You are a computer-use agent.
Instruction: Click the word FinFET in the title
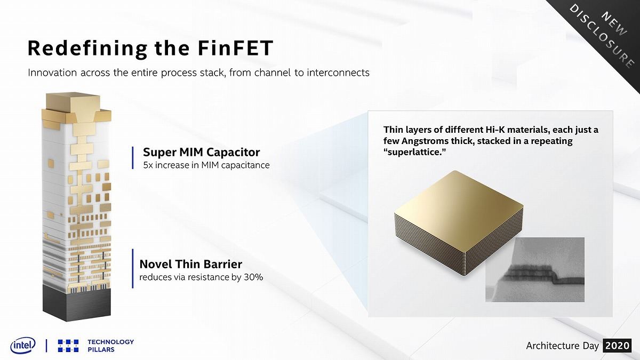(x=235, y=48)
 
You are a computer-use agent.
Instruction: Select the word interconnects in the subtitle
(x=338, y=73)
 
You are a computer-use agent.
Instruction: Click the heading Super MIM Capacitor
(x=202, y=152)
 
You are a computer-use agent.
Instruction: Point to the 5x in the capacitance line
(x=148, y=165)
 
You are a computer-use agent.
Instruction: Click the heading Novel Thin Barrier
(x=190, y=264)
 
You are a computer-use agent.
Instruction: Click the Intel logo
(x=23, y=346)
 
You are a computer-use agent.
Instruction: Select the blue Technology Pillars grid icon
(x=68, y=346)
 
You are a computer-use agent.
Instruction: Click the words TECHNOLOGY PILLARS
(x=110, y=346)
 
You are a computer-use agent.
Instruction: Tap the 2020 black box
(x=617, y=346)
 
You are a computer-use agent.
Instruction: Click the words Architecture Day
(x=562, y=346)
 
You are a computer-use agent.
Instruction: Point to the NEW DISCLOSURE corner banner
(x=606, y=34)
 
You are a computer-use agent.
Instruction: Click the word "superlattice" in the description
(x=414, y=152)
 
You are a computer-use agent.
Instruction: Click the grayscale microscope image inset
(x=535, y=269)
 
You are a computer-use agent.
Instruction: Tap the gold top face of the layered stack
(x=459, y=211)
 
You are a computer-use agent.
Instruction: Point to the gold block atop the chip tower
(x=74, y=102)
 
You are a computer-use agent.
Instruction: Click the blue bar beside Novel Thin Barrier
(x=133, y=269)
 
